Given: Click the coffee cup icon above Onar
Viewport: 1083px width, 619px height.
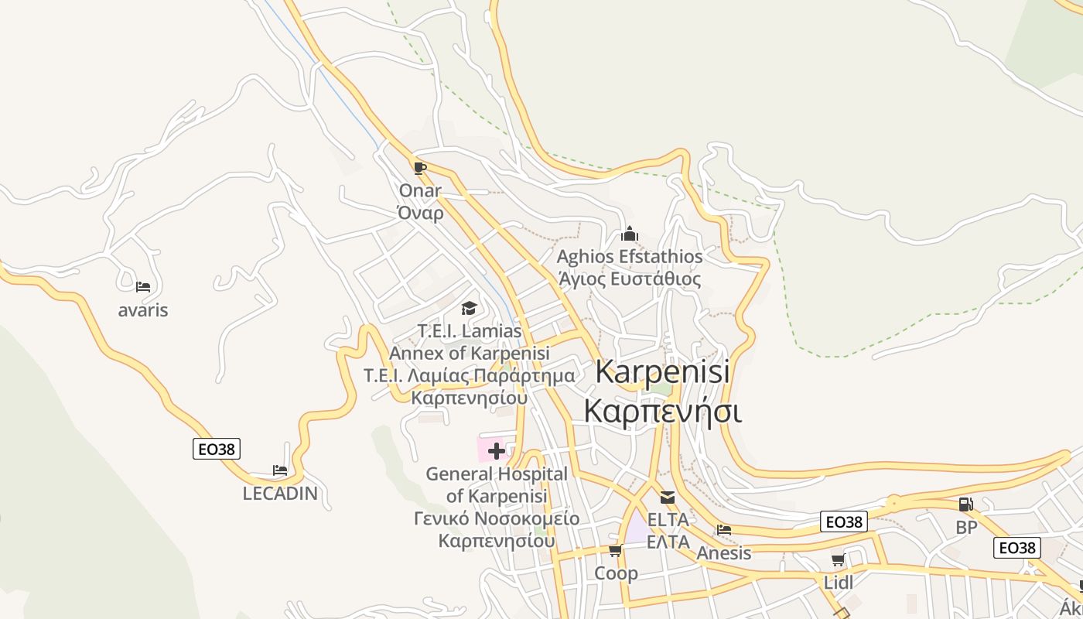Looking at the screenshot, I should [x=419, y=168].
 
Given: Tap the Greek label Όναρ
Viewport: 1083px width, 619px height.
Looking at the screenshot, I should [x=420, y=213].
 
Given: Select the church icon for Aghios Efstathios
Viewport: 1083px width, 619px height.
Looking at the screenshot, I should [x=630, y=234].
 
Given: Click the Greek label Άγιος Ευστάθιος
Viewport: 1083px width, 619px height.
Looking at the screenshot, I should [x=630, y=279].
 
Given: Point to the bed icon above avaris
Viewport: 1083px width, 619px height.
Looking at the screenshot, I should [x=143, y=287].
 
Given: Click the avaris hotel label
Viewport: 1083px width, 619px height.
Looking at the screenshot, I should [x=143, y=310].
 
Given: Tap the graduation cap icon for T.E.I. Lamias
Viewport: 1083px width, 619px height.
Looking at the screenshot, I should [x=469, y=309].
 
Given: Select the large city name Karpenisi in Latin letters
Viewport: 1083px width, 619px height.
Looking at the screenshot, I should [x=663, y=372].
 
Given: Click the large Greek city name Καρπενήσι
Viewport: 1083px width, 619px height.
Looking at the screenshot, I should [x=663, y=410].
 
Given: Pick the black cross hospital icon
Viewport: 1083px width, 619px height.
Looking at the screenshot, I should [x=496, y=450].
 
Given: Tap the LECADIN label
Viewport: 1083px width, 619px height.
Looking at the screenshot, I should [x=280, y=493].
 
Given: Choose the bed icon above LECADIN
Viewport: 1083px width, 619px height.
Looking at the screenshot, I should [x=280, y=470].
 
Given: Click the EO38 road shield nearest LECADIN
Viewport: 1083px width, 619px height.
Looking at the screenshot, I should [x=217, y=449].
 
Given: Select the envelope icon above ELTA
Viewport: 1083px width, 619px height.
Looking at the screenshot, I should [x=667, y=498].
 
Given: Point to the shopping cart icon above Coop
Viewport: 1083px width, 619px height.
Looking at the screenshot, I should [x=616, y=551].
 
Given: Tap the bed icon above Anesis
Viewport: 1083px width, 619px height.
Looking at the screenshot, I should [x=724, y=530].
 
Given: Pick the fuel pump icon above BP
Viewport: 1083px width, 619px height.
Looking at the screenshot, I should [x=965, y=504].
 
